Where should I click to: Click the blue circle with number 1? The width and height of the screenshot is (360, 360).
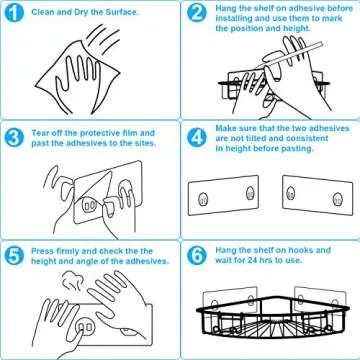click(x=14, y=14)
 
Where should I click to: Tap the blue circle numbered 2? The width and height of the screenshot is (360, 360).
click(x=197, y=14)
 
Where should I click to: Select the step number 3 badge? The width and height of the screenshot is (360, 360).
click(x=14, y=138)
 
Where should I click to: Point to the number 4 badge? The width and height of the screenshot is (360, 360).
click(x=197, y=138)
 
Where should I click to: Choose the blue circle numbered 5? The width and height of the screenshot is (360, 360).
click(x=14, y=256)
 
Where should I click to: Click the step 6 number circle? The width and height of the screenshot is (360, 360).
click(x=197, y=256)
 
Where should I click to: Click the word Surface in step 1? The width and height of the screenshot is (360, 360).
click(x=122, y=13)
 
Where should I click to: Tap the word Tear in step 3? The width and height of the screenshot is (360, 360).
click(x=40, y=133)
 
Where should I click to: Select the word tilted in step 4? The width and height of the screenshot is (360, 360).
click(x=256, y=138)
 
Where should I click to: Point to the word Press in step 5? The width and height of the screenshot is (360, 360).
click(x=42, y=251)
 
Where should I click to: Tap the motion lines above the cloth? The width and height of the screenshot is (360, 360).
click(x=104, y=37)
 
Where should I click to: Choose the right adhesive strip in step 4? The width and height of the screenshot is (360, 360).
click(x=318, y=195)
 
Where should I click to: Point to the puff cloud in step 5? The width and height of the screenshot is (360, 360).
click(x=73, y=281)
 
